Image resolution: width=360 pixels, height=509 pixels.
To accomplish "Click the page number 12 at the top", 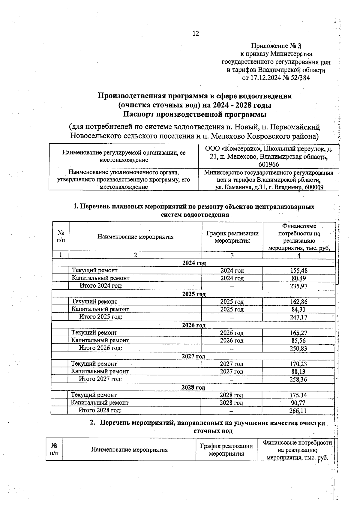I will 195,33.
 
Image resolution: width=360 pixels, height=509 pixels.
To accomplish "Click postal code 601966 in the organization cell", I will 268,164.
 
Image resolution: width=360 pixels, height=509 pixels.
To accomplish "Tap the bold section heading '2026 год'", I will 194,325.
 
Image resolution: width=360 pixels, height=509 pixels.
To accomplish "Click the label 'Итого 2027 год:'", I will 100,379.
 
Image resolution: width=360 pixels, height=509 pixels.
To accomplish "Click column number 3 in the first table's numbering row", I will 232,255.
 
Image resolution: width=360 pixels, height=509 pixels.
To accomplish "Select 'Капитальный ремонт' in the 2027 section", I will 100,371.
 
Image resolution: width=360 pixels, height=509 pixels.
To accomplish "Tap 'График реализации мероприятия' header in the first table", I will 232,237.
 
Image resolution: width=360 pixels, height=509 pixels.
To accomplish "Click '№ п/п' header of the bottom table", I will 54,450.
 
